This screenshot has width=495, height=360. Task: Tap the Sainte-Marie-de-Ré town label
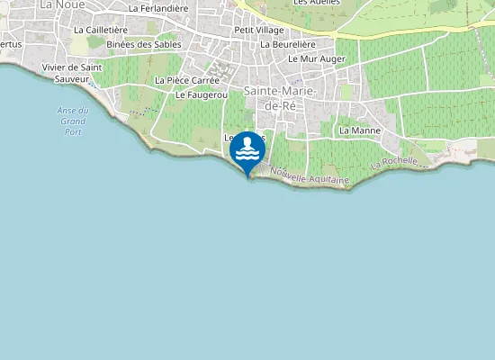point(275,98)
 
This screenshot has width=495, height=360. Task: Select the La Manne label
point(360,130)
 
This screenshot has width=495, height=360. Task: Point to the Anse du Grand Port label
point(71,121)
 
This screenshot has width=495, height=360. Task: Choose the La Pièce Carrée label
point(187,80)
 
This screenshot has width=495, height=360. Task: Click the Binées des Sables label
point(143,43)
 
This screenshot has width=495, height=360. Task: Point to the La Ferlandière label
point(158,8)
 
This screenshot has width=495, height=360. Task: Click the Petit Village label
point(258,30)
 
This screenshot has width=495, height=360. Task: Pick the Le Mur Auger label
point(317,58)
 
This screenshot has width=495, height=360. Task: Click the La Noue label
point(60,4)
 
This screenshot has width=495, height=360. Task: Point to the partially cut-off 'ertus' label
point(10,43)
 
